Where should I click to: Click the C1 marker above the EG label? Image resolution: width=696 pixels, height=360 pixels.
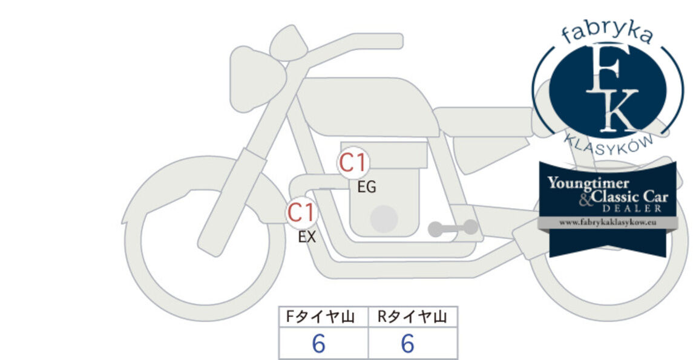(x=353, y=163)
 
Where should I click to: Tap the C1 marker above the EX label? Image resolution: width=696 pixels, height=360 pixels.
(x=301, y=212)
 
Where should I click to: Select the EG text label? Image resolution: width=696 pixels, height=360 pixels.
(x=367, y=188)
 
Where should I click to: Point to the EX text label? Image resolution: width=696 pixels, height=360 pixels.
(x=307, y=237)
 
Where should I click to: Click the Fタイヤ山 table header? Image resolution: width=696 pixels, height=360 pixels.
(x=320, y=317)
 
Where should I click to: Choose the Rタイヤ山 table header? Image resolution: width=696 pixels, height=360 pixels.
(x=412, y=317)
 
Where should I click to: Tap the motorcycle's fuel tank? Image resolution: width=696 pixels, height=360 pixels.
(x=367, y=106)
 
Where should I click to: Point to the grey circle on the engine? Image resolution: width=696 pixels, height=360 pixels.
(x=384, y=219)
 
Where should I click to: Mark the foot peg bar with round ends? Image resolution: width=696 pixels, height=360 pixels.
(x=453, y=228)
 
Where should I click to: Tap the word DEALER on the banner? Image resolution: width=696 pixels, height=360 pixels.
(x=632, y=209)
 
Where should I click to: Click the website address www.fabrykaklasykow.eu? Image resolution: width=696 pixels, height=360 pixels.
(x=608, y=223)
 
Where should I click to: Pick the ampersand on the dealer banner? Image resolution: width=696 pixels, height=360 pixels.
(x=585, y=200)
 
